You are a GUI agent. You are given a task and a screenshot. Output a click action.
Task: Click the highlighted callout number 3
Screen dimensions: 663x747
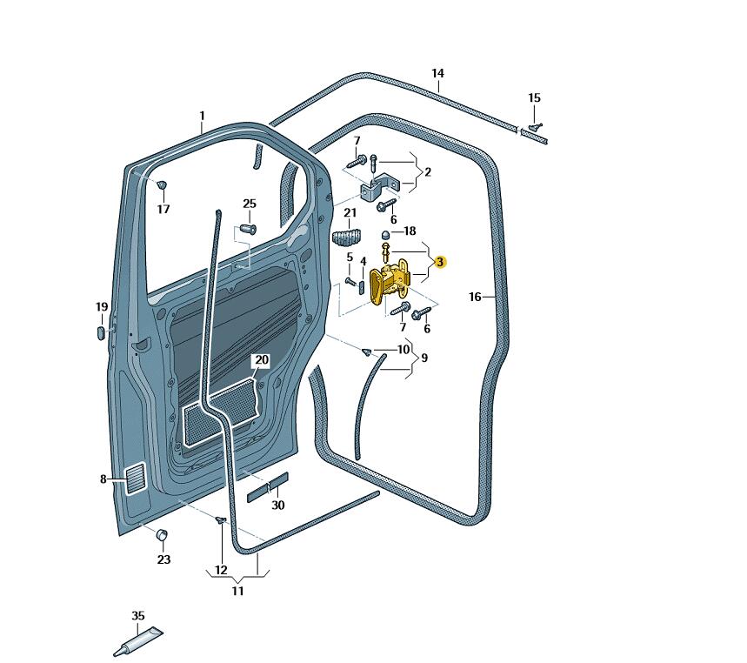440,262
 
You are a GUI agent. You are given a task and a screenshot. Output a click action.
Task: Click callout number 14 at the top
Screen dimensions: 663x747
437,73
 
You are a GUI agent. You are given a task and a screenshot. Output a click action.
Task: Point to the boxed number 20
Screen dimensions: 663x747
262,359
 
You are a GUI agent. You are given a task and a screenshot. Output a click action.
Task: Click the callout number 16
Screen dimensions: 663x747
475,297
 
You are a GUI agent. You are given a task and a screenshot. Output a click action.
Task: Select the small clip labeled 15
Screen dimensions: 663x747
536,127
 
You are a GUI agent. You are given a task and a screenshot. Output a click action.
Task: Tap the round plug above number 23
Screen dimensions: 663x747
162,534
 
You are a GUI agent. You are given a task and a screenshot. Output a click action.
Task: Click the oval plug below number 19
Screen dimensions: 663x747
101,331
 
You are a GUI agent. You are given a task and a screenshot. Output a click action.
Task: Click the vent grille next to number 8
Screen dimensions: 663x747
137,479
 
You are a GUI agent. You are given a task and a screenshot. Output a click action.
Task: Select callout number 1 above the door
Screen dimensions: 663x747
202,116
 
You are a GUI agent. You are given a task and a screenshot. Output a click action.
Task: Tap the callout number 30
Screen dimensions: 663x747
277,506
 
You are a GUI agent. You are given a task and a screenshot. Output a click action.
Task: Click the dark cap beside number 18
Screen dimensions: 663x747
386,234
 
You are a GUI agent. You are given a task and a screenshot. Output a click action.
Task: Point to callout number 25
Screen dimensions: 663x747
250,204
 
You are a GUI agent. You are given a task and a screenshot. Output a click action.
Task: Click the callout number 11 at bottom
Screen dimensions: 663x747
237,591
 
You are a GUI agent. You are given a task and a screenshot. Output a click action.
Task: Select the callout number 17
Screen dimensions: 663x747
163,209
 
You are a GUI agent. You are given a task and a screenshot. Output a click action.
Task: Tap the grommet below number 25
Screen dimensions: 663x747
247,230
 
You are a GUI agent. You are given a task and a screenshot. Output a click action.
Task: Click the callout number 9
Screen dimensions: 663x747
424,358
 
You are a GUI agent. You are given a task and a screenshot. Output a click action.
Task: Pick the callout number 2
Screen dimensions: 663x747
427,172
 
